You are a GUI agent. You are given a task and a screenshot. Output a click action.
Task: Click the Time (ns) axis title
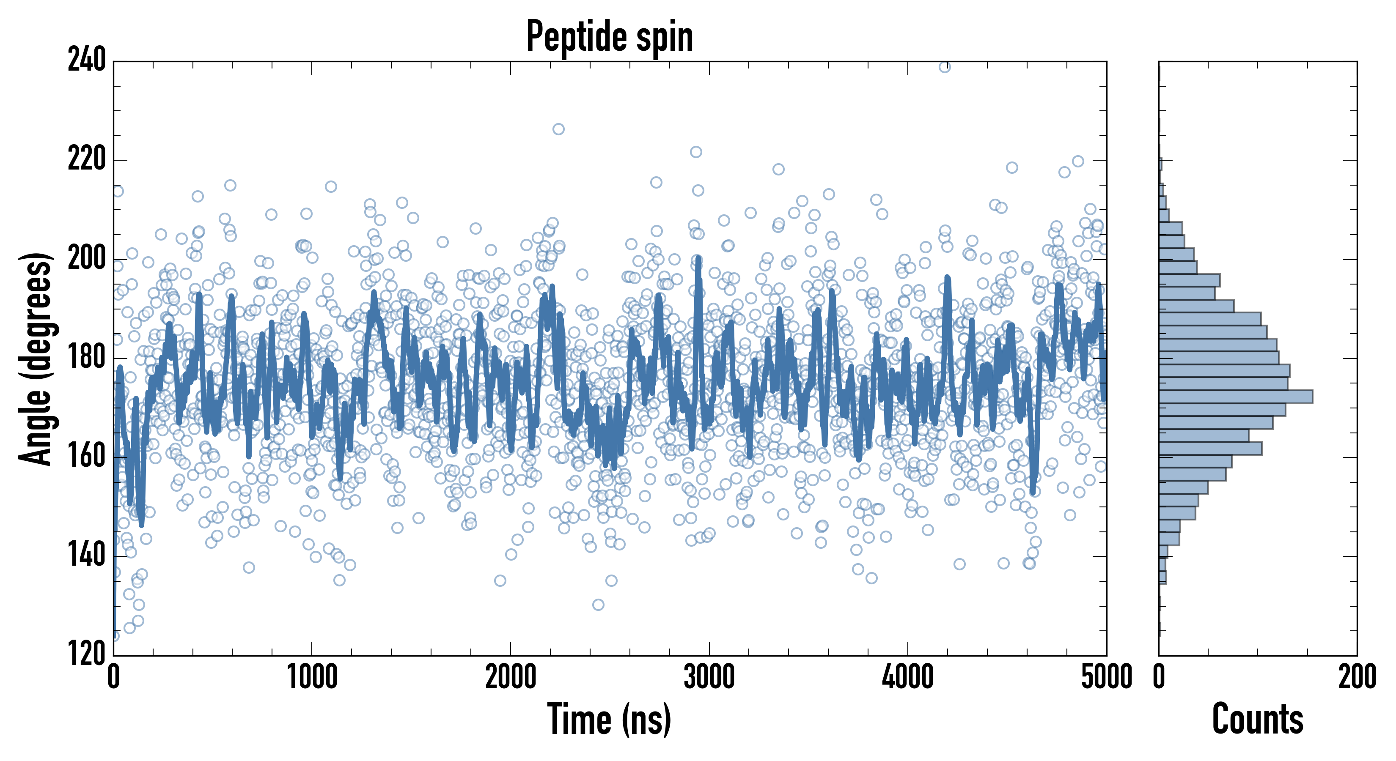coord(610,719)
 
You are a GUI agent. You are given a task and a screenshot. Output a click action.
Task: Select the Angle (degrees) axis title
coord(36,359)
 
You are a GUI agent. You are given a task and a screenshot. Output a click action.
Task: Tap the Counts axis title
coord(1257,719)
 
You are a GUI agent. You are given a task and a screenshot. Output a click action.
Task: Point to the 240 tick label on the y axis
coord(87,60)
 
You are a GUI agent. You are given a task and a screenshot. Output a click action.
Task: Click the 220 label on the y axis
coord(87,159)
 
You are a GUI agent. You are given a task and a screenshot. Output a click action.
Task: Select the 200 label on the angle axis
coord(87,258)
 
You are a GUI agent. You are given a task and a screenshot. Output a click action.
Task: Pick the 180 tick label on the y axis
coord(87,358)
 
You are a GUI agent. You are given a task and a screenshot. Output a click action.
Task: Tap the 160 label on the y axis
coord(87,457)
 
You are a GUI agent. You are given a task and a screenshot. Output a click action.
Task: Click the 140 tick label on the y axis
coord(87,556)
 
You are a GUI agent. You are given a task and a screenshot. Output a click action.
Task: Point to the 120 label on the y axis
coord(87,654)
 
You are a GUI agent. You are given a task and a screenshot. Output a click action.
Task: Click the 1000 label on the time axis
coord(312,677)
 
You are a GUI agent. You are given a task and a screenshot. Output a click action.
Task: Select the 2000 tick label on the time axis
coord(511,677)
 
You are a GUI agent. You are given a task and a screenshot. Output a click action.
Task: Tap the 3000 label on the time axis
coord(709,677)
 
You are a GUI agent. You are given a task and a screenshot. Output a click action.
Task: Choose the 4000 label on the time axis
coord(908,677)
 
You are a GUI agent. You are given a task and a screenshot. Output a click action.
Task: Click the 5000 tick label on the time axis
coord(1106,677)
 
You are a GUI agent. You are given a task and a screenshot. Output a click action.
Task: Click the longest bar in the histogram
coord(1236,397)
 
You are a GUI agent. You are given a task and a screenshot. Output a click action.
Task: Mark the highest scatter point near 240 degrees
coord(945,67)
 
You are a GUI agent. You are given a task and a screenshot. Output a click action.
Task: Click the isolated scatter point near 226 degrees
coord(558,129)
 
